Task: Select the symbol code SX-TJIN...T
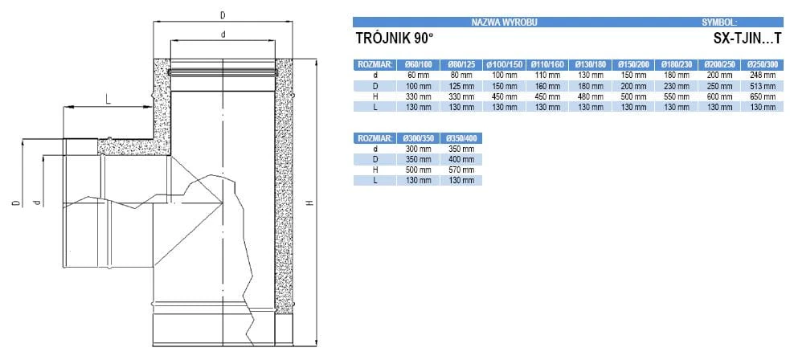pyautogui.click(x=746, y=39)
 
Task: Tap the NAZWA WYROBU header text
pyautogui.click(x=505, y=22)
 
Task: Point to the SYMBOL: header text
pyautogui.click(x=719, y=22)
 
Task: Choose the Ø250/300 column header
pyautogui.click(x=763, y=64)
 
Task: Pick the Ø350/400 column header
pyautogui.click(x=461, y=137)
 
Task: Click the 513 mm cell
pyautogui.click(x=763, y=86)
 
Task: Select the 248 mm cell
pyautogui.click(x=763, y=75)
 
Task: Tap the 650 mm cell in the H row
pyautogui.click(x=763, y=96)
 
